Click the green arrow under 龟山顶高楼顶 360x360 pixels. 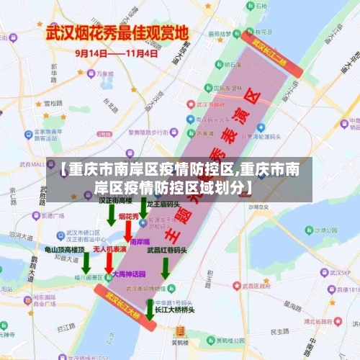(x=85, y=262)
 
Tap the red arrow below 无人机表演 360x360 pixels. (x=108, y=262)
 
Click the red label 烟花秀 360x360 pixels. (x=129, y=216)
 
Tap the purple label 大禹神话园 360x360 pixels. (x=129, y=274)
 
